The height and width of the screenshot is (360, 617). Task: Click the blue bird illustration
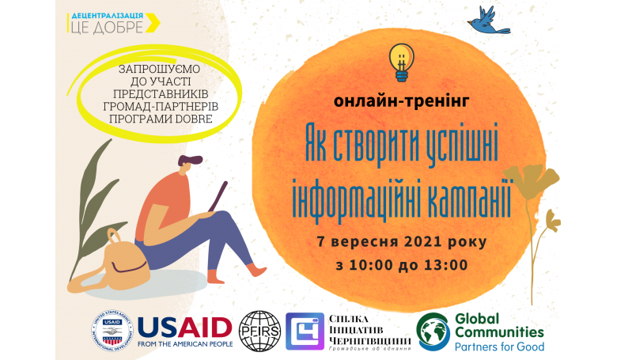[488, 21]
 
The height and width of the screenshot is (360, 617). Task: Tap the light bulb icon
[401, 63]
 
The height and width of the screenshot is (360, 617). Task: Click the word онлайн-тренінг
[401, 101]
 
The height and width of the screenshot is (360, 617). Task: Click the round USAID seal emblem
[112, 332]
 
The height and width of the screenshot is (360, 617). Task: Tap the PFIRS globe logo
[259, 332]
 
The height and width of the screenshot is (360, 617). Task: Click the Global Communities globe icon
[433, 332]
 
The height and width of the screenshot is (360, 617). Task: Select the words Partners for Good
[500, 347]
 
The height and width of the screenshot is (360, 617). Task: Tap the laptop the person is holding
[218, 196]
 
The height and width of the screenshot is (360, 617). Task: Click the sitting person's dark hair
[190, 160]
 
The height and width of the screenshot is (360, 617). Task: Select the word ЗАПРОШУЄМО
[159, 69]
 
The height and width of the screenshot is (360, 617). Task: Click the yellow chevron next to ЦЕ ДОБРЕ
[153, 23]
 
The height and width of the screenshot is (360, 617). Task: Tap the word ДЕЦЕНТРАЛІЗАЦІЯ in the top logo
[107, 16]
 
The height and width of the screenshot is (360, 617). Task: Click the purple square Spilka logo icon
[305, 332]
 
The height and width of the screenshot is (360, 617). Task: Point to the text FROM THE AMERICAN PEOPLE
[185, 344]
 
